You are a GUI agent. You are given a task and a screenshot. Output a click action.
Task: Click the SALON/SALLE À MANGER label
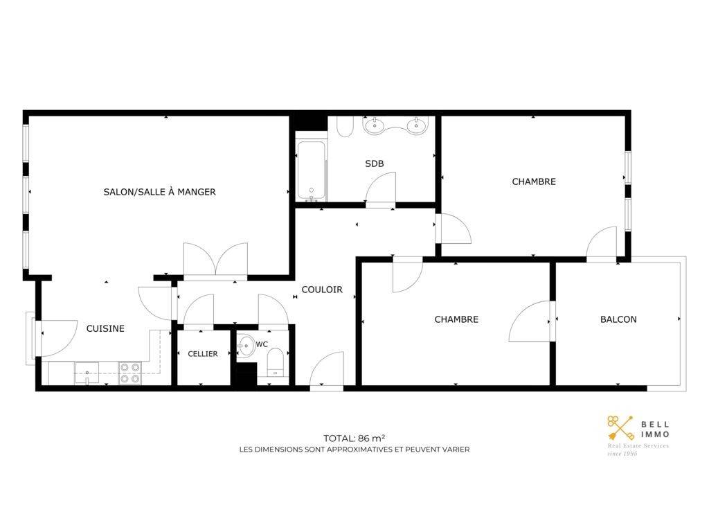pos(160,192)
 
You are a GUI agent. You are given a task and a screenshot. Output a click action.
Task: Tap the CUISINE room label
pos(105,328)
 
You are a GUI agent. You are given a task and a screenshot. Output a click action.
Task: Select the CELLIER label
pos(203,354)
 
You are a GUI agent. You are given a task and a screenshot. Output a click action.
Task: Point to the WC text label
pos(262,344)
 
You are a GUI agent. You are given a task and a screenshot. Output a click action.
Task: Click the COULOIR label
pos(322,290)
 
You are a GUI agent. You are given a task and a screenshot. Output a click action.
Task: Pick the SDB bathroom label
pos(375,163)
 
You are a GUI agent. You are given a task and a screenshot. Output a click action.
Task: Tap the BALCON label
pos(618,319)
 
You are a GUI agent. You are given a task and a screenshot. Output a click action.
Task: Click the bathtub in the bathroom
pos(311,171)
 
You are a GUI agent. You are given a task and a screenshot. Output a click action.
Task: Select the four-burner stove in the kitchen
pos(130,373)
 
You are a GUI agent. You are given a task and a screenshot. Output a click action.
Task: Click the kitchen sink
pos(87,373)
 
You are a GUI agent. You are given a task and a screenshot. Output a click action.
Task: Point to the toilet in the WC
pos(276,363)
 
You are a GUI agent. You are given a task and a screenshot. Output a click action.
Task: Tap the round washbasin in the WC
pos(246,346)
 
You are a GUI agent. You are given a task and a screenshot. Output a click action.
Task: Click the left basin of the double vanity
pos(374,125)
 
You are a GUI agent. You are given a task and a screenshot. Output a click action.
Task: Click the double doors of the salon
pos(216,260)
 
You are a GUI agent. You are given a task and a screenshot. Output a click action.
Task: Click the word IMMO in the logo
pos(655,434)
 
